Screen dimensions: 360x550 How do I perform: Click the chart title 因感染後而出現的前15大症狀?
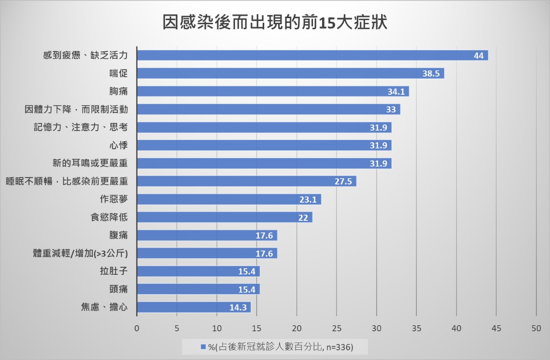[275, 23]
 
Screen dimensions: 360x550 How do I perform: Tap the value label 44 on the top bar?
[478, 55]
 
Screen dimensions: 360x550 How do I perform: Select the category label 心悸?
[118, 146]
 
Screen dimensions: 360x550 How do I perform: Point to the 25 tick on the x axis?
[336, 328]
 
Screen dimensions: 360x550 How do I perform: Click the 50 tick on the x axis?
[536, 328]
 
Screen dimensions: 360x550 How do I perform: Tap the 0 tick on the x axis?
[137, 328]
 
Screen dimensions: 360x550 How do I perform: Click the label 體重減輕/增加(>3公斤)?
[80, 253]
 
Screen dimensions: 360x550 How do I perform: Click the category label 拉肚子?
[114, 271]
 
